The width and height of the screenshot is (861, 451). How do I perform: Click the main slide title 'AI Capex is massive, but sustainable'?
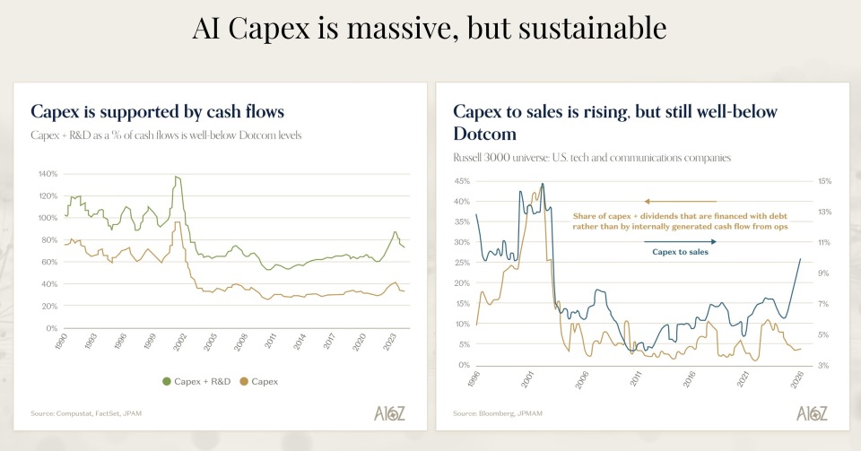430,29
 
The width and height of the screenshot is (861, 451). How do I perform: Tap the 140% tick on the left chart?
47,174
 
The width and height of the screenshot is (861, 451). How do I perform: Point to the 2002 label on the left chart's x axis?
181,343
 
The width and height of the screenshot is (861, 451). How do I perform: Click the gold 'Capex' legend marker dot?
244,382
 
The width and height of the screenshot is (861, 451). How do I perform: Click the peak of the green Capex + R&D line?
177,177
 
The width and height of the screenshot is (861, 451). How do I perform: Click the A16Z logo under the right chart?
812,412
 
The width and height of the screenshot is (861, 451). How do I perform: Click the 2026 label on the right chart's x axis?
793,379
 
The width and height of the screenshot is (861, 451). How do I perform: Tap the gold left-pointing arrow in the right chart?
680,202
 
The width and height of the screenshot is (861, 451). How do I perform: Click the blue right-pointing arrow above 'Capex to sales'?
680,241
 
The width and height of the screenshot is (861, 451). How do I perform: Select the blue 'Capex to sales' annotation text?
680,253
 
